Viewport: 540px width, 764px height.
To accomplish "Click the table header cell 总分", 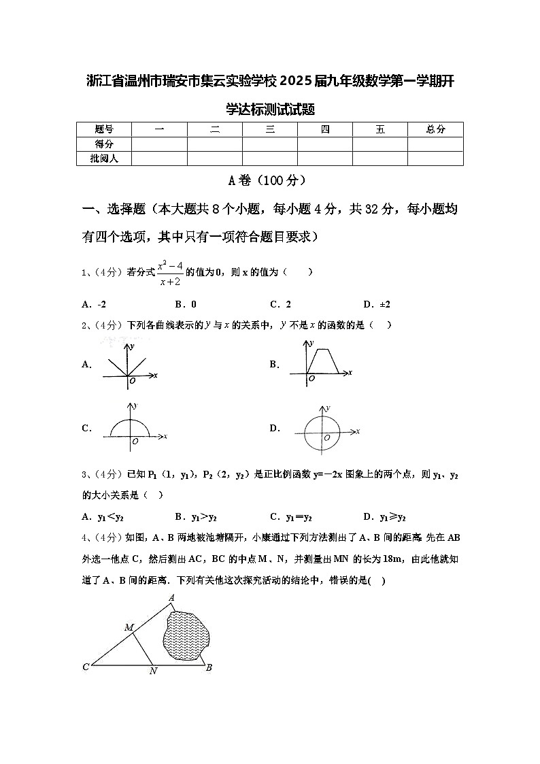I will point(435,129).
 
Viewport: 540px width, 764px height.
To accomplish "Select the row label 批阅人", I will point(104,158).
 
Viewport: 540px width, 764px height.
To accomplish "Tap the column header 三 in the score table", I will point(270,129).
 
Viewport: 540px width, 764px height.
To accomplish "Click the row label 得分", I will point(104,144).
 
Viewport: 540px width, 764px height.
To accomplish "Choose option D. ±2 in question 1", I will point(377,304).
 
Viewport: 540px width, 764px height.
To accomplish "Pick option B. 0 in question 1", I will point(186,304).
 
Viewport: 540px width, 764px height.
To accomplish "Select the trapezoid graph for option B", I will point(320,363).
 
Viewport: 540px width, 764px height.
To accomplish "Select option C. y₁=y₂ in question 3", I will point(291,516).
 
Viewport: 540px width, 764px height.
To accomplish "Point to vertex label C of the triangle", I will point(86,667).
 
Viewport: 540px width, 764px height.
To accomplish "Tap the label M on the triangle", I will point(129,627).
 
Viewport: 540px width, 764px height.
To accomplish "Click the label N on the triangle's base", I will point(153,671).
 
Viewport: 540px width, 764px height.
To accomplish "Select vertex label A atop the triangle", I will point(172,597).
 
